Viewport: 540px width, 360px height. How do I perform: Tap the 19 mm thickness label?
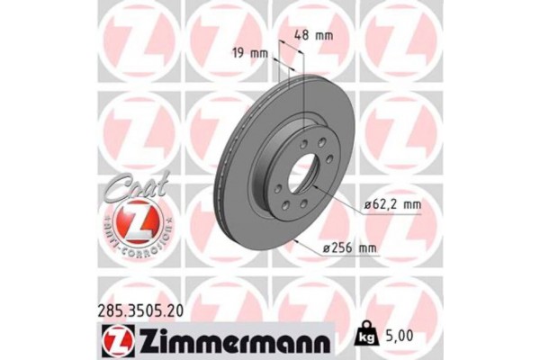coord(249,53)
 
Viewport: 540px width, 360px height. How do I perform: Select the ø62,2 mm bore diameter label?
coord(392,205)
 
